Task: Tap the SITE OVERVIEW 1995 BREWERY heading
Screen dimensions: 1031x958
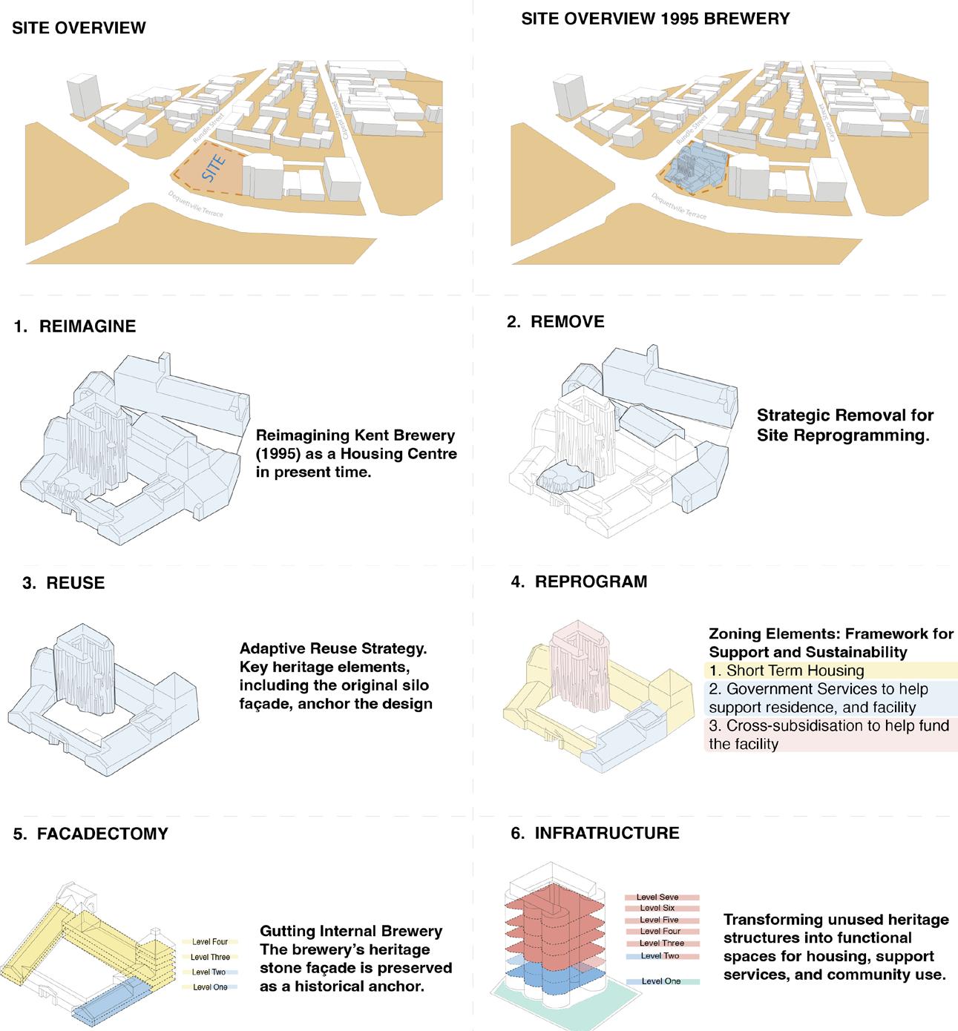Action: (x=655, y=19)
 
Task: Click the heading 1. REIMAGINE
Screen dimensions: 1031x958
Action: (x=75, y=326)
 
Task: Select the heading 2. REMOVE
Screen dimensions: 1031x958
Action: (x=556, y=321)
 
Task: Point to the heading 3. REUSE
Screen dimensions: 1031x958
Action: (x=64, y=583)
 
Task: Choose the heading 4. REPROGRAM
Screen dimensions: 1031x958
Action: (x=579, y=582)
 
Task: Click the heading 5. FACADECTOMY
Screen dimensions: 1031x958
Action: (x=91, y=834)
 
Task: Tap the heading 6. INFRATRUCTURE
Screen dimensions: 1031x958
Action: (x=595, y=833)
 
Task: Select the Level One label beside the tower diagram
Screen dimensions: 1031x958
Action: (x=660, y=981)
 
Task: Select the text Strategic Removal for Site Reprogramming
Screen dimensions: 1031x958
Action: (x=844, y=425)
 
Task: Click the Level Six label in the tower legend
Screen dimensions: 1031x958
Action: (x=657, y=908)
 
